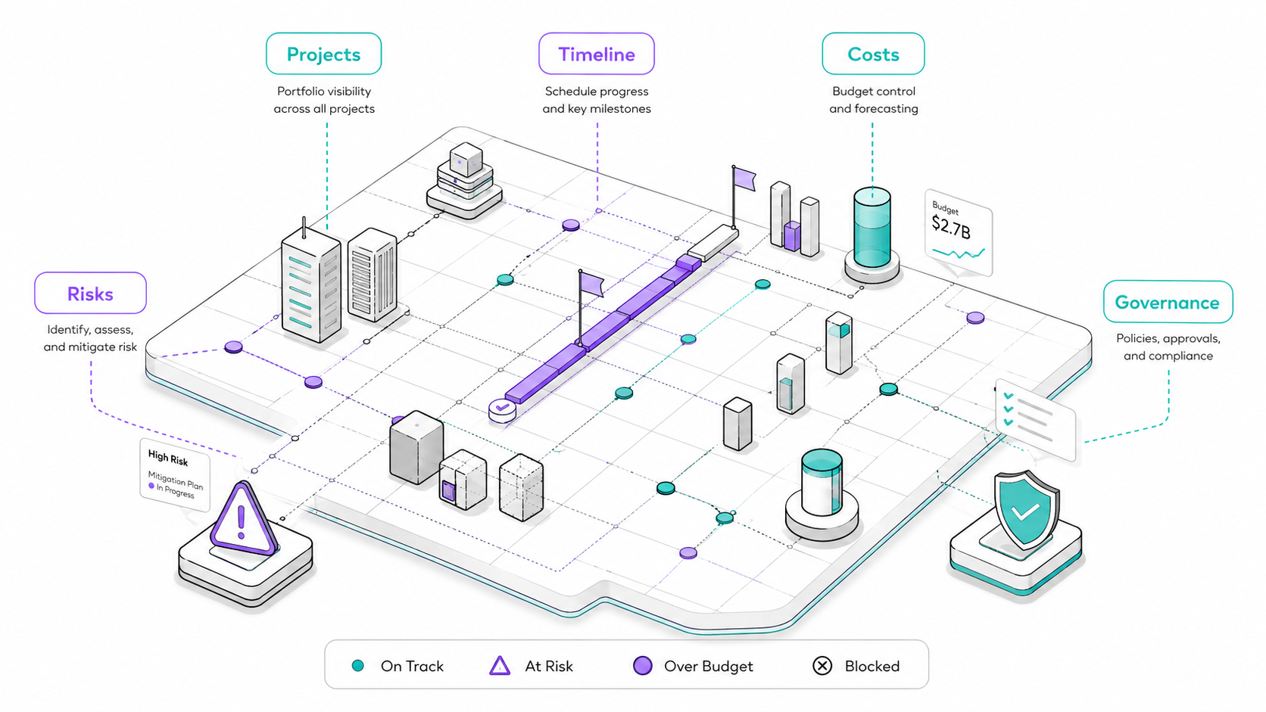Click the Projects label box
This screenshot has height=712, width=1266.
tap(324, 54)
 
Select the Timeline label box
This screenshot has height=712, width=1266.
tap(596, 54)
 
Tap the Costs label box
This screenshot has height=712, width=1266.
tap(873, 54)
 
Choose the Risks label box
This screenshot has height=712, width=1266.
tap(90, 293)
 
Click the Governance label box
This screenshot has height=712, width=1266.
tap(1168, 302)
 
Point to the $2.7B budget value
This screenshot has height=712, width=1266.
tap(951, 227)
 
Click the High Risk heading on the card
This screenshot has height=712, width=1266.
tap(168, 457)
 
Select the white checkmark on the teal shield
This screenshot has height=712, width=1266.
tap(1024, 511)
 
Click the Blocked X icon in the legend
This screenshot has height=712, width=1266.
tap(822, 666)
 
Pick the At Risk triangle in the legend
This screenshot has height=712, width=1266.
tap(500, 666)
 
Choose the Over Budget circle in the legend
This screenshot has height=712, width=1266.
tap(643, 666)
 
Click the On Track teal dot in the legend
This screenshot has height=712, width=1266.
tap(357, 666)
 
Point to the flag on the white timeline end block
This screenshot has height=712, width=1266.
tap(744, 179)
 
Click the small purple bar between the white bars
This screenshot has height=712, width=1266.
tap(792, 236)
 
